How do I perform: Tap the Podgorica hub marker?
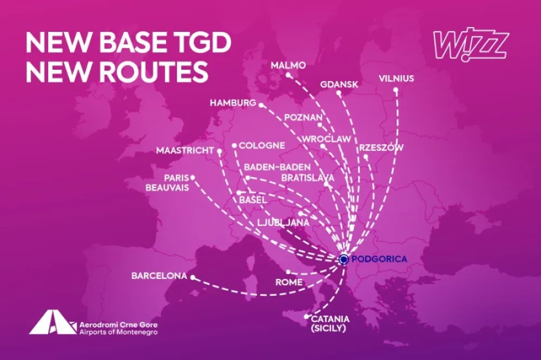[344, 259]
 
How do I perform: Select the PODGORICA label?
[379, 259]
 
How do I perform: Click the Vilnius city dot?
[395, 90]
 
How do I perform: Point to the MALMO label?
[288, 65]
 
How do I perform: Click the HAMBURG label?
[233, 103]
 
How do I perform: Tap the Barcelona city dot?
[192, 277]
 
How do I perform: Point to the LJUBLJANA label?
[283, 222]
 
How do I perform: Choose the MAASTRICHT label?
[185, 150]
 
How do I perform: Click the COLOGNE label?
[262, 145]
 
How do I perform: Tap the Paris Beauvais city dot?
[193, 177]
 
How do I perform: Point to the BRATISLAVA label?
[308, 177]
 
